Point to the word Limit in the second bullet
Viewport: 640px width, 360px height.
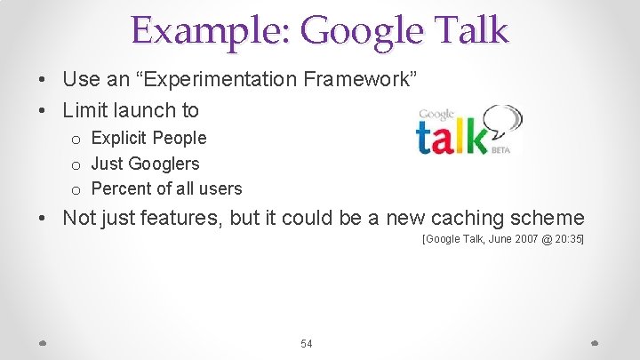[x=86, y=110]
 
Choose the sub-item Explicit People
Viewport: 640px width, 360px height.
[x=148, y=138]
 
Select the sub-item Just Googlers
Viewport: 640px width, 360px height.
[x=145, y=164]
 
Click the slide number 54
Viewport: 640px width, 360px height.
[x=307, y=343]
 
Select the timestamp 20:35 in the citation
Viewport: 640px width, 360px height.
[x=568, y=239]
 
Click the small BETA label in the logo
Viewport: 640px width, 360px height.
[x=500, y=149]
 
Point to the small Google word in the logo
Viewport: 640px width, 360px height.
[x=436, y=115]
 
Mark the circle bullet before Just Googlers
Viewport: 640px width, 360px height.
[x=76, y=164]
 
